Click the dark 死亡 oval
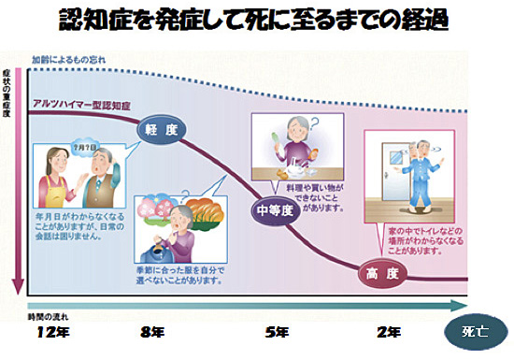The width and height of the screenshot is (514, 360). (x=475, y=331)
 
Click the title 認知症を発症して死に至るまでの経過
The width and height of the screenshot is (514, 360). (x=256, y=22)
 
